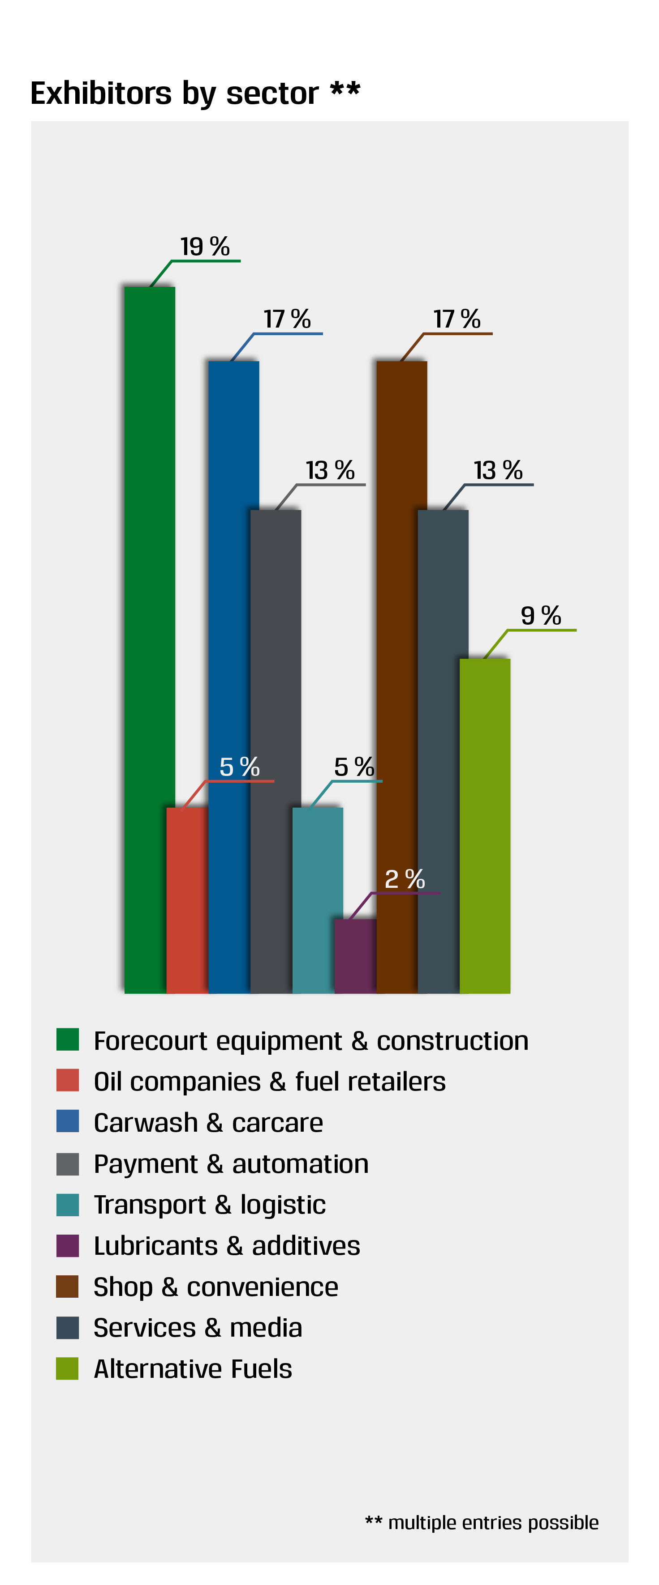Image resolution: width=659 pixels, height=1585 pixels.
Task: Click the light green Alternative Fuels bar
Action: [x=485, y=824]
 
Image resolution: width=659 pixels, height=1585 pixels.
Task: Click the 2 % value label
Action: [x=405, y=879]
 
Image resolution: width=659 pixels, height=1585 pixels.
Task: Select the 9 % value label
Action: [x=541, y=615]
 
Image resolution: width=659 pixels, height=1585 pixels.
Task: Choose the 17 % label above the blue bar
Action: [x=287, y=319]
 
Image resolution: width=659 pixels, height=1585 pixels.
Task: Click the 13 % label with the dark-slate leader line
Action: [x=498, y=470]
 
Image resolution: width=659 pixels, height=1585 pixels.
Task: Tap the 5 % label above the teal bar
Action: [x=354, y=767]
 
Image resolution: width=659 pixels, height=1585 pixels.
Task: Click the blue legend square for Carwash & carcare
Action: [x=67, y=1121]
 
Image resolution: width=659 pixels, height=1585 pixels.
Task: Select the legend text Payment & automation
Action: [x=231, y=1163]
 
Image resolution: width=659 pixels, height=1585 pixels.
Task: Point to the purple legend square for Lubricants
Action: [x=67, y=1245]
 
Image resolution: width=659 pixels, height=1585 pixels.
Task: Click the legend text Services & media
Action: [x=198, y=1327]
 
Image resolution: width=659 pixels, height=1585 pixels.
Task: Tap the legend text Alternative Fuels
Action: [x=193, y=1368]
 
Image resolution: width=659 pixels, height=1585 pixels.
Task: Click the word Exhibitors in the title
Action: [x=101, y=94]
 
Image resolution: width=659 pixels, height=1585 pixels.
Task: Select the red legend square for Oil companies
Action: [x=67, y=1080]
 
